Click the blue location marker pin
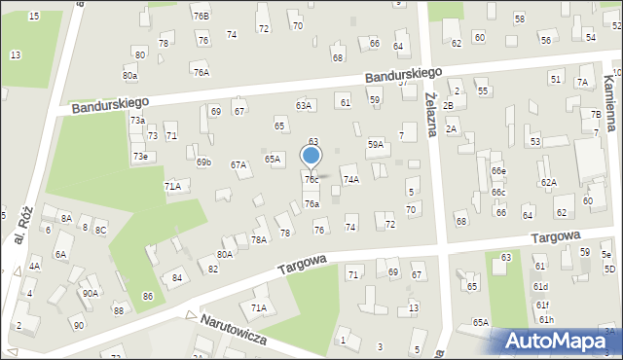point(311,156)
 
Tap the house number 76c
point(311,179)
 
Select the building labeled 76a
point(311,203)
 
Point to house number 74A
point(350,179)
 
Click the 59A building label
point(375,144)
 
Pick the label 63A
point(304,105)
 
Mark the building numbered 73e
point(140,156)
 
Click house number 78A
point(259,238)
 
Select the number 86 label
point(148,296)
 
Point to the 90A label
point(90,293)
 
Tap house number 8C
point(100,229)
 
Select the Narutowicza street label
point(234,330)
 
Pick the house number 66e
point(498,171)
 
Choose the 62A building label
point(549,182)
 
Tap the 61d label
point(540,286)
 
